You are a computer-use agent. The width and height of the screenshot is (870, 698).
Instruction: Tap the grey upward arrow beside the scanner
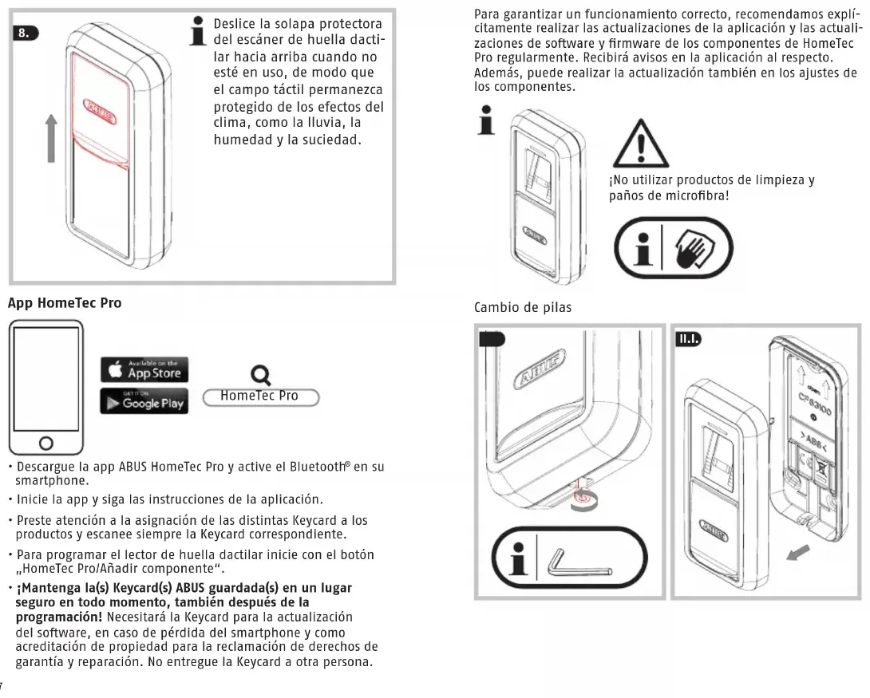(x=51, y=138)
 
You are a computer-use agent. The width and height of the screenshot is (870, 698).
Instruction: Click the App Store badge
(x=144, y=369)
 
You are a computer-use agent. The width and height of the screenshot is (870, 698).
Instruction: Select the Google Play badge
(x=144, y=402)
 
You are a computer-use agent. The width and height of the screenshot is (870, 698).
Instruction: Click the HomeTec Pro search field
(x=260, y=396)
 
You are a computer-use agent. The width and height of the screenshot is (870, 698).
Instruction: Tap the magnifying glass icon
(x=259, y=373)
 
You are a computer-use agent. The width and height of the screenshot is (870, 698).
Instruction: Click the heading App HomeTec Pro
(x=64, y=303)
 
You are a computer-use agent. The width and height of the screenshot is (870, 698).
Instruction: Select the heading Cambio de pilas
(x=523, y=308)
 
